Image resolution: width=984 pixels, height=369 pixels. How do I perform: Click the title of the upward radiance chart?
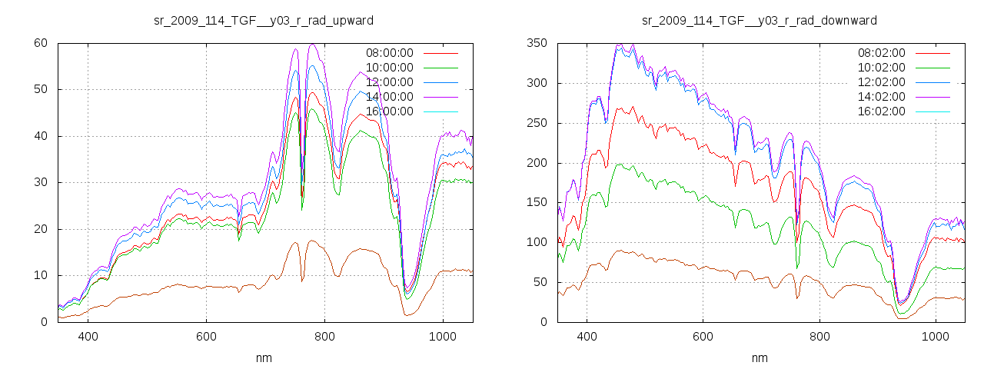tap(264, 20)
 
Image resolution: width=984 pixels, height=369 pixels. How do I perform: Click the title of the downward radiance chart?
tap(760, 20)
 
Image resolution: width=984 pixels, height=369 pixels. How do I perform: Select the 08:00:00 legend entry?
tap(389, 53)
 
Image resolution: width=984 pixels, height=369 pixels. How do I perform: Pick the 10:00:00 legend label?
tap(389, 68)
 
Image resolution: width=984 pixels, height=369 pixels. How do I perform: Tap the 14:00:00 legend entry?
tap(389, 97)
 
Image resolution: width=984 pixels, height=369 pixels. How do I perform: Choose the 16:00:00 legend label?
tap(389, 111)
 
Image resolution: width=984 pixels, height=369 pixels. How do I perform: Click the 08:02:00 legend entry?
tap(881, 53)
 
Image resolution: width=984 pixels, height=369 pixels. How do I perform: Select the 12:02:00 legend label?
tap(881, 82)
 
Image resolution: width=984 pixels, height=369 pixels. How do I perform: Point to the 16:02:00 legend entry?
tap(881, 111)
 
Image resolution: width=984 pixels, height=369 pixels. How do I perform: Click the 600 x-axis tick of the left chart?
tap(206, 336)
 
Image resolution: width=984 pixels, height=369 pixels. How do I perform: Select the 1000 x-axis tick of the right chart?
tap(935, 336)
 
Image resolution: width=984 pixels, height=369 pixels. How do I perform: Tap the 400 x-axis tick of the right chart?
tap(587, 336)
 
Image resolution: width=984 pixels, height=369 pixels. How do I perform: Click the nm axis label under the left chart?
tap(264, 358)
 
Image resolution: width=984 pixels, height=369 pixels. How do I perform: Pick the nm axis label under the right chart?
tap(760, 358)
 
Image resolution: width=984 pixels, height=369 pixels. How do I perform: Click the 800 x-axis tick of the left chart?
tap(324, 336)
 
